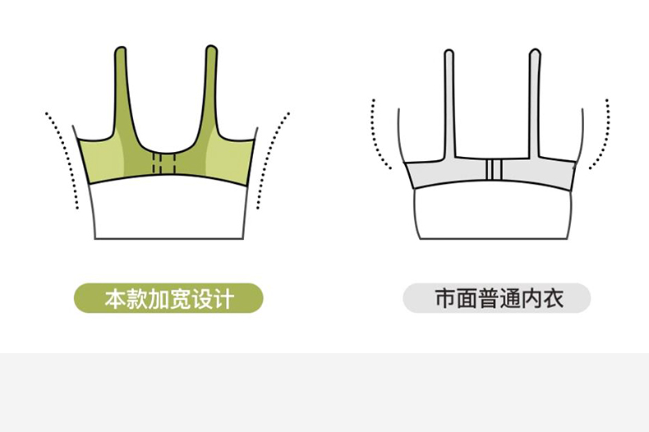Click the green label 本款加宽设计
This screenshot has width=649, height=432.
(168, 298)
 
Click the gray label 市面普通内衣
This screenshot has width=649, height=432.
(496, 298)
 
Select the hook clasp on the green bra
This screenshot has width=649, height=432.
(167, 163)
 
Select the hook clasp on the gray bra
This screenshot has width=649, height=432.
(493, 171)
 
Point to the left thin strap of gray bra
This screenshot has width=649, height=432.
(449, 99)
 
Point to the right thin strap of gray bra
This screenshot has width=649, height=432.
(536, 99)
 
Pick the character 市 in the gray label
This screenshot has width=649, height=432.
(444, 298)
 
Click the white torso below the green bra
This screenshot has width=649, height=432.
(168, 212)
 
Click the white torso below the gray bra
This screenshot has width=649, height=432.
(493, 215)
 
